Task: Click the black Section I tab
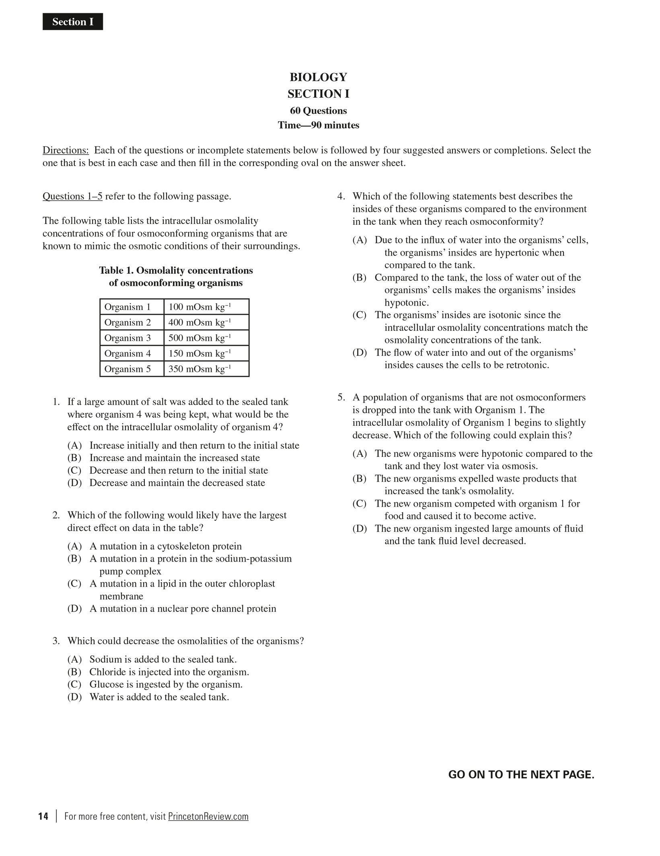coord(73,22)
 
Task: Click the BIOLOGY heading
coord(318,77)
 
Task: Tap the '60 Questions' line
coord(318,111)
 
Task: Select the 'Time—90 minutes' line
coord(318,125)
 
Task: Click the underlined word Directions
coord(66,150)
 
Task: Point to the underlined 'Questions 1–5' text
coord(72,196)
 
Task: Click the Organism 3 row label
coord(127,338)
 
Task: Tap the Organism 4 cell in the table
coord(127,353)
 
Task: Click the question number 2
coord(56,515)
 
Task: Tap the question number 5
coord(341,397)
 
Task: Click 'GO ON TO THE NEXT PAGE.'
coord(521,774)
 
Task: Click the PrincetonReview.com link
coord(208,816)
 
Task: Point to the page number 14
coord(43,816)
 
